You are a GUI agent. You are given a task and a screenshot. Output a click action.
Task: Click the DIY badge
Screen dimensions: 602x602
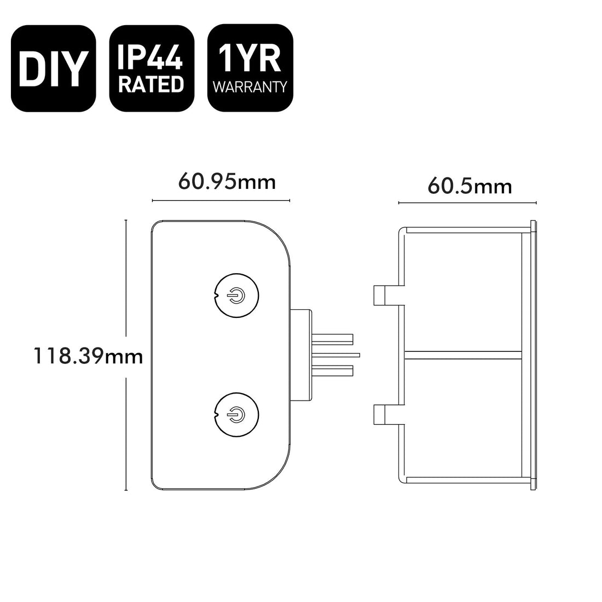click(x=54, y=68)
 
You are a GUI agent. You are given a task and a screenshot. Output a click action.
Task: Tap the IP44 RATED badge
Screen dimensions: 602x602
click(x=152, y=68)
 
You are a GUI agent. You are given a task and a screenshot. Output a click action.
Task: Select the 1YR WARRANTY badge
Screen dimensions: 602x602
click(x=250, y=68)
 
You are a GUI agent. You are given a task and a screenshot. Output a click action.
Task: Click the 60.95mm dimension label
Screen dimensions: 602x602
click(x=227, y=182)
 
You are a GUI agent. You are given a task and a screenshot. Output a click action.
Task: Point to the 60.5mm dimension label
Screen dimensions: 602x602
click(x=470, y=187)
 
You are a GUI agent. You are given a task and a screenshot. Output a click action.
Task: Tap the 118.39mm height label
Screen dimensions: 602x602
click(x=88, y=356)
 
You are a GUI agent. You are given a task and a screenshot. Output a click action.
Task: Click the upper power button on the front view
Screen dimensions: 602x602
click(x=236, y=296)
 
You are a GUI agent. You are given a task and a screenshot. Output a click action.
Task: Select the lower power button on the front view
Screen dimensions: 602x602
click(x=236, y=415)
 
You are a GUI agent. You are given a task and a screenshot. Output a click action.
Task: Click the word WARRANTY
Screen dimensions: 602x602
click(x=250, y=87)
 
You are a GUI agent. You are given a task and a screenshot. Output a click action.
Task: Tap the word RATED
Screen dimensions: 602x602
click(x=151, y=84)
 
